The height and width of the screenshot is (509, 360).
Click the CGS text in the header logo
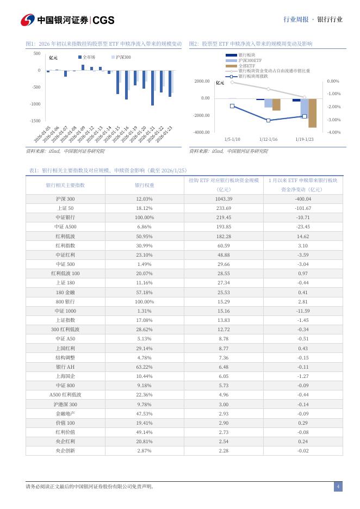point(103,20)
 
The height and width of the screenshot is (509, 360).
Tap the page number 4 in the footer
point(338,487)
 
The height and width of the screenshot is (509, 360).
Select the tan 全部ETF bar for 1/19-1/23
point(312,113)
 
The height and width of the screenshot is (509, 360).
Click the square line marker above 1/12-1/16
point(268,120)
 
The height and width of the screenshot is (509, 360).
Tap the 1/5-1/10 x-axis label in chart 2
point(232,139)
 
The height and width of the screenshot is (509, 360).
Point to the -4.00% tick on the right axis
point(333,132)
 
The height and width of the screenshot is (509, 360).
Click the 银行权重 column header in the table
point(144,185)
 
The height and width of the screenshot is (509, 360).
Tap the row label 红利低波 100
point(65,272)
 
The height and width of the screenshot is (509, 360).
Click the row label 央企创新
point(65,450)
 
